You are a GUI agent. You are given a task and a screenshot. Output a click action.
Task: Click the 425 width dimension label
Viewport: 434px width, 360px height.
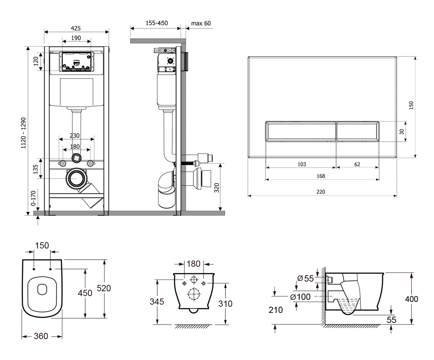click(77, 28)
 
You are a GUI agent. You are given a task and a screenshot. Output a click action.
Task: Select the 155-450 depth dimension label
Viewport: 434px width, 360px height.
click(157, 23)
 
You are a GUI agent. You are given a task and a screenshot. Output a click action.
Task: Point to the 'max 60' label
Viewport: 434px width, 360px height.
click(201, 23)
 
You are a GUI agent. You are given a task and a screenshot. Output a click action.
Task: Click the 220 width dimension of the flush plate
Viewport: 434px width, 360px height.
click(320, 192)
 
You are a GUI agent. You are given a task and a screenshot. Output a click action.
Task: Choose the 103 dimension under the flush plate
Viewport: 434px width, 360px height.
click(301, 164)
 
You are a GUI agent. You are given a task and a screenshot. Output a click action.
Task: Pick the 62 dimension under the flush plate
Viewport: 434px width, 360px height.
click(357, 164)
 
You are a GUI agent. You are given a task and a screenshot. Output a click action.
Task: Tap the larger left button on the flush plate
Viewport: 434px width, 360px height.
click(300, 131)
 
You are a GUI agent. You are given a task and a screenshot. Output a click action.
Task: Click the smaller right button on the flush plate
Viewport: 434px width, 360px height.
click(357, 131)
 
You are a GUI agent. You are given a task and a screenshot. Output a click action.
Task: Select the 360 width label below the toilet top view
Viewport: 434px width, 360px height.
click(41, 336)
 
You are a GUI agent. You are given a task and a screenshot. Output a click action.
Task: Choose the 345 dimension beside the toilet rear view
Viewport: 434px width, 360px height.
click(157, 301)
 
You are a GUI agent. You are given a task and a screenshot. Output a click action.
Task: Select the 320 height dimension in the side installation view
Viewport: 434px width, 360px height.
click(217, 187)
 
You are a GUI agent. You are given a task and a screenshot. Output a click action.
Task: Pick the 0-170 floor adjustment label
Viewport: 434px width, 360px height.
click(34, 197)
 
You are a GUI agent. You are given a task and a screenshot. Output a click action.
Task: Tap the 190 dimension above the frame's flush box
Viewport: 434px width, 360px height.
click(76, 38)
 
